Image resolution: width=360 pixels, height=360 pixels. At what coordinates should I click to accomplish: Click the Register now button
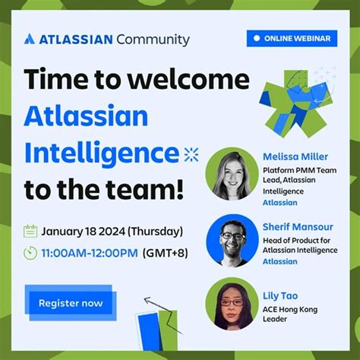click(71, 303)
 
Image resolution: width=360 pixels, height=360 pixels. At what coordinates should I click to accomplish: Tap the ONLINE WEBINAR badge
click(292, 38)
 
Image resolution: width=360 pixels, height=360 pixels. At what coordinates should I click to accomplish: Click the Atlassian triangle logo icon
click(30, 39)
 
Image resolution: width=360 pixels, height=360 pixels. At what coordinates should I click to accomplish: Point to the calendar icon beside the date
click(30, 231)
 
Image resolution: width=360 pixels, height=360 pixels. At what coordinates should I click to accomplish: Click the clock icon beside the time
click(30, 254)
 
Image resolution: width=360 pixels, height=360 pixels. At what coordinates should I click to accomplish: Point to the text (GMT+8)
click(166, 254)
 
